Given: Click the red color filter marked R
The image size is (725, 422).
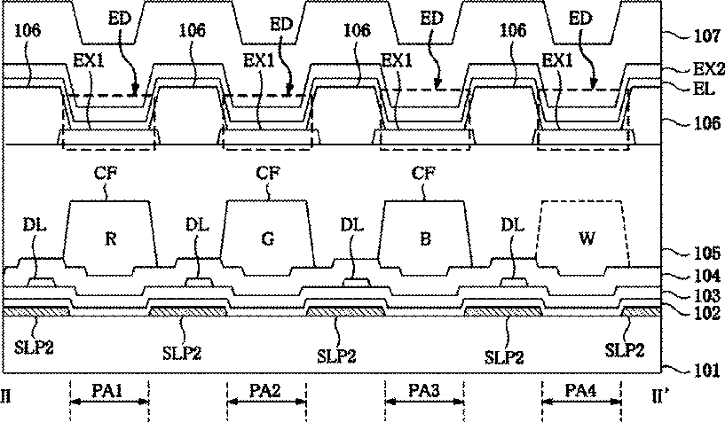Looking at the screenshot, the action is tap(110, 238).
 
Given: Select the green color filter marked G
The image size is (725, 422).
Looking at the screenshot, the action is tap(267, 238).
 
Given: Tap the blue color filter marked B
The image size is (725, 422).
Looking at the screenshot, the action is tap(425, 238).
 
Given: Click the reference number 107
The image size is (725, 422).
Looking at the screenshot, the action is tap(707, 36).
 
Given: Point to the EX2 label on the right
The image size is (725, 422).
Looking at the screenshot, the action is tap(708, 69).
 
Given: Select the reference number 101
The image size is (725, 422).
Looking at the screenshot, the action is tap(707, 370).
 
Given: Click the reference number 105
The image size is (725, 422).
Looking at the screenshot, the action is tap(707, 253).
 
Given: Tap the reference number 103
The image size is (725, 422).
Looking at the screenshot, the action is tap(707, 295).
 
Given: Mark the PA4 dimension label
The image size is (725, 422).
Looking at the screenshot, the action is tap(580, 391).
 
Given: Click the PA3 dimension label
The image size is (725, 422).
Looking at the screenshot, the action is tap(423, 391).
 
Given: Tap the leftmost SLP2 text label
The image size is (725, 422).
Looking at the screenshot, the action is tap(34, 348).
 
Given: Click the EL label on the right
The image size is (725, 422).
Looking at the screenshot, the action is tap(704, 89).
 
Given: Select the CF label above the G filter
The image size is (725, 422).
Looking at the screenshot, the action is tap(268, 173).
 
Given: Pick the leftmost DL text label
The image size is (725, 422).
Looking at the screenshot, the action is tap(35, 225).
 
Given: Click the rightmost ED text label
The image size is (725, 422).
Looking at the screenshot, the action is tap(580, 19).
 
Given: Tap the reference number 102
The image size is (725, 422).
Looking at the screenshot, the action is tap(707, 313).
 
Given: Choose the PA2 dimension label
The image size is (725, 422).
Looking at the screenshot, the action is tap(265, 391).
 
